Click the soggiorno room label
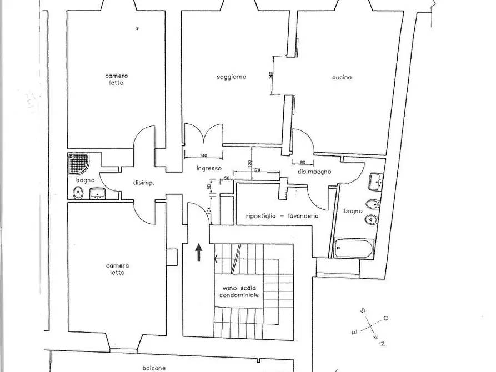pyautogui.click(x=231, y=77)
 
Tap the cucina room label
pyautogui.click(x=342, y=78)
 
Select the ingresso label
pyautogui.click(x=209, y=169)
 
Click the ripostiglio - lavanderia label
pyautogui.click(x=282, y=217)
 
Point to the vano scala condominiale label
pyautogui.click(x=239, y=291)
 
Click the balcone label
pyautogui.click(x=154, y=368)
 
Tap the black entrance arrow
pyautogui.click(x=199, y=252)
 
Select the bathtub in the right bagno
pyautogui.click(x=354, y=248)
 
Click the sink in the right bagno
pyautogui.click(x=377, y=182)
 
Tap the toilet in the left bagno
pyautogui.click(x=78, y=193)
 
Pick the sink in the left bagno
pyautogui.click(x=98, y=193)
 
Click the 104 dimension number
pyautogui.click(x=208, y=210)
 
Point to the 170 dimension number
pyautogui.click(x=257, y=170)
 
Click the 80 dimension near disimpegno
pyautogui.click(x=303, y=162)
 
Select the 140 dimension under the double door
pyautogui.click(x=203, y=155)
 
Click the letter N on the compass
pyautogui.click(x=382, y=344)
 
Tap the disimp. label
pyautogui.click(x=144, y=183)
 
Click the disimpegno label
pyautogui.click(x=314, y=172)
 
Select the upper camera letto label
pyautogui.click(x=117, y=79)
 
